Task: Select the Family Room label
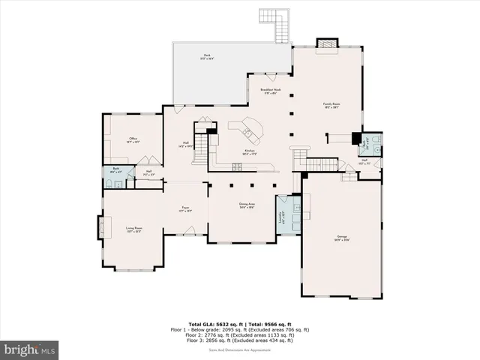(x=328, y=105)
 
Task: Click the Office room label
(x=133, y=140)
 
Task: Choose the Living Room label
(x=133, y=229)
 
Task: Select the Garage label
(x=342, y=238)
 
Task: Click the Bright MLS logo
(x=30, y=349)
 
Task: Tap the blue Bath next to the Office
(x=115, y=172)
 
